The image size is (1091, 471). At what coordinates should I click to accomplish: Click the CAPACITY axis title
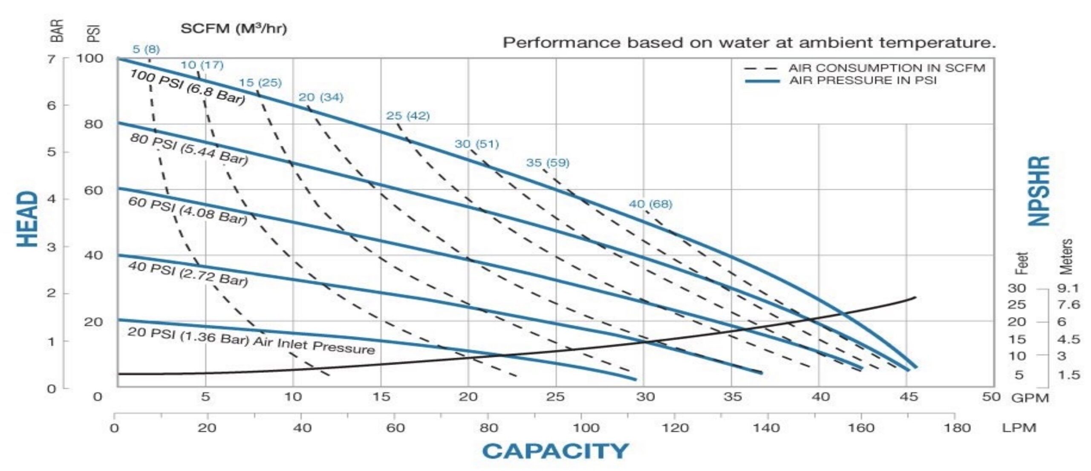[555, 451]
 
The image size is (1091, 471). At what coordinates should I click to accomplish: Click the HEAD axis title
[28, 219]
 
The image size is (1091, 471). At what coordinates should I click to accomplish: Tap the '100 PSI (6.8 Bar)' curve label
[188, 87]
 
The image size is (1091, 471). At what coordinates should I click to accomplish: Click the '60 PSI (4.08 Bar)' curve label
[188, 211]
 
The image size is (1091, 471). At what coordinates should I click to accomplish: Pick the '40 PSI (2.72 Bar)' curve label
[188, 274]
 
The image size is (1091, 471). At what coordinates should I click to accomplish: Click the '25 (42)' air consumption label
[408, 116]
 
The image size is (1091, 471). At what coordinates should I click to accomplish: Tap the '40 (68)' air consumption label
[650, 204]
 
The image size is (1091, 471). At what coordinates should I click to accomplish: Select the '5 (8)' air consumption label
[146, 49]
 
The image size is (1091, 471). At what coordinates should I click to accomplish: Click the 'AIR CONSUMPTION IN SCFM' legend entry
[886, 68]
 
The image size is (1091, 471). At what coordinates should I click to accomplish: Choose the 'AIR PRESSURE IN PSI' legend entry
[863, 81]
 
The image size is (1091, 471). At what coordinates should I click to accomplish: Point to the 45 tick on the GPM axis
[908, 397]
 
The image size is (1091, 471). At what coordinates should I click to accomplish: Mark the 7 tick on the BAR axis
[51, 58]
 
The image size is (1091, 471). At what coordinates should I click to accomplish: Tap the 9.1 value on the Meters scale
[1068, 289]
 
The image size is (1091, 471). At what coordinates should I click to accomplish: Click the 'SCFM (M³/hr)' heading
[234, 29]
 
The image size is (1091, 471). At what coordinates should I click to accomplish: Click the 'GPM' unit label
[1030, 398]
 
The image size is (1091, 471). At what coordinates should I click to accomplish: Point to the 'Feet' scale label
[1022, 263]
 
